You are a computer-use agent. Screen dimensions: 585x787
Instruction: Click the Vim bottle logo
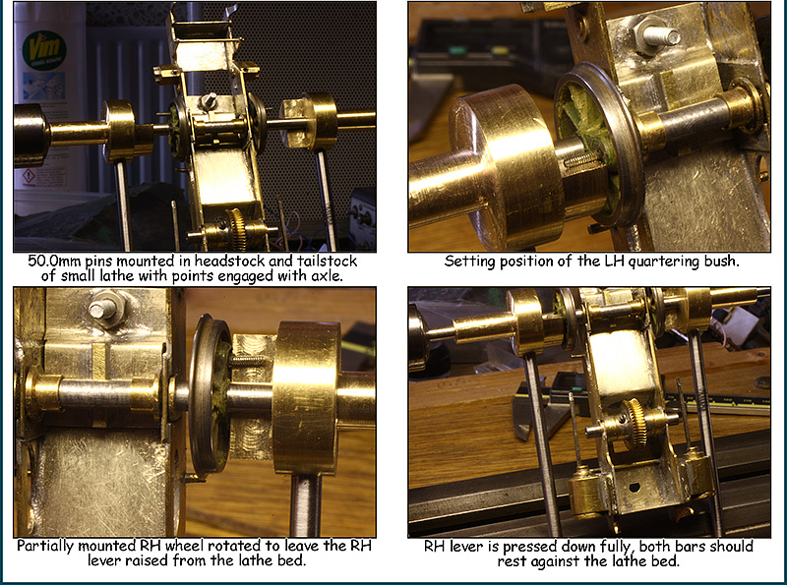pyautogui.click(x=42, y=46)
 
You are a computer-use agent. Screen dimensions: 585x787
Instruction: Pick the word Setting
pyautogui.click(x=470, y=262)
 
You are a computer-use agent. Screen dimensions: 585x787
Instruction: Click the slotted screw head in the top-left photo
pyautogui.click(x=211, y=100)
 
